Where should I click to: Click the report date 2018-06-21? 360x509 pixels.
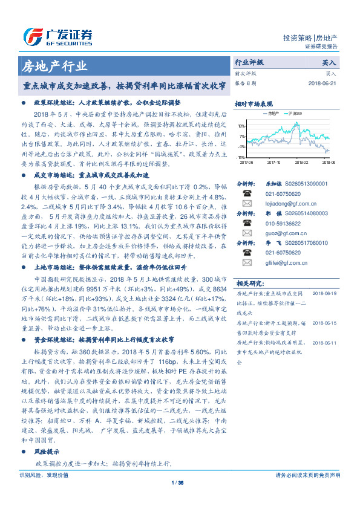point(321,83)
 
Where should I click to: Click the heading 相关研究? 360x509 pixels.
point(250,300)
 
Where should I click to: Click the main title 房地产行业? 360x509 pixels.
point(54,66)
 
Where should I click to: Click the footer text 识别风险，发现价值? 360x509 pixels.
point(43,475)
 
